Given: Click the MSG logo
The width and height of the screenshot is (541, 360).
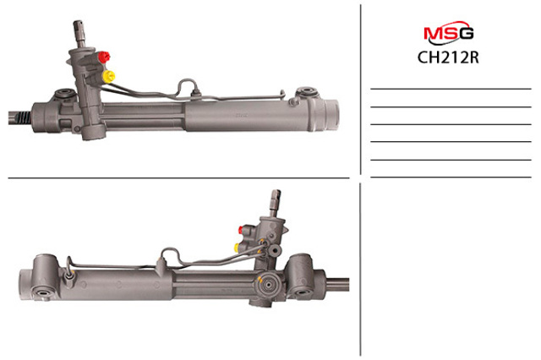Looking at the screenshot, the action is (448, 33).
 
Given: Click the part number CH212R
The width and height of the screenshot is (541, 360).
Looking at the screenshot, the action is (448, 57).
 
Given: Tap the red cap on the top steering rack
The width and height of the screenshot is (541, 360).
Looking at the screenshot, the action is (103, 57).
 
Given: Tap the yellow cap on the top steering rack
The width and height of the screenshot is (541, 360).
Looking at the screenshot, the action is (109, 77).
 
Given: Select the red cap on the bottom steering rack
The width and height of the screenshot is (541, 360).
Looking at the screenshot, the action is (242, 230).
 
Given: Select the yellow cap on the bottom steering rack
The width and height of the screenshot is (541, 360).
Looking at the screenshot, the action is (238, 247).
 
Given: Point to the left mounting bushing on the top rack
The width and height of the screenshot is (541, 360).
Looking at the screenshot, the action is (63, 94).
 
